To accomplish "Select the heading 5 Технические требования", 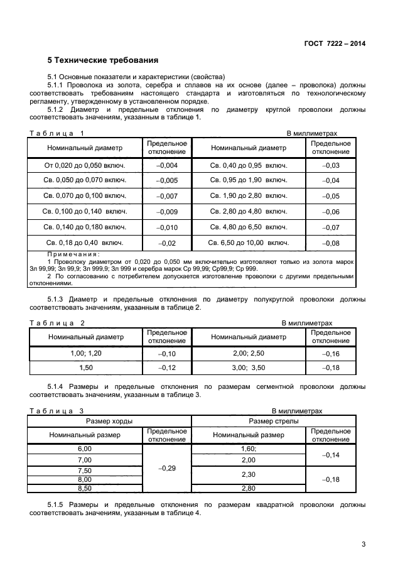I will coord(102,60).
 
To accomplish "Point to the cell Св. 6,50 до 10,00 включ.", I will coord(249,242).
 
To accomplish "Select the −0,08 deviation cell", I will coord(330,242).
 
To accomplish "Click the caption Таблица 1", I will coord(56,133).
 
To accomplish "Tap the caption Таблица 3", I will coord(57,411).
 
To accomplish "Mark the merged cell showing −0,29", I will coord(166,469).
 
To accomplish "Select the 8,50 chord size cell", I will coord(84,488).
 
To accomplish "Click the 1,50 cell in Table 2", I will coord(86,367).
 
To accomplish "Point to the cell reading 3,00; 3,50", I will coord(249,367).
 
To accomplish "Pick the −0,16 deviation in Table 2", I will coord(330,354).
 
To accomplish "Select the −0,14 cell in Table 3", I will coord(330,454).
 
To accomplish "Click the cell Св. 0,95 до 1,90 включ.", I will coord(249,181).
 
